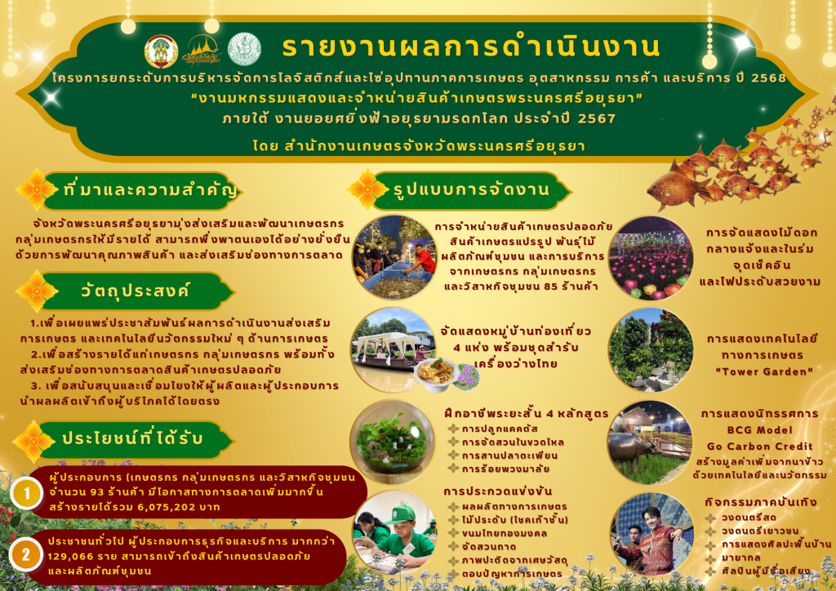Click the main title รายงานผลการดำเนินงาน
pyautogui.click(x=471, y=47)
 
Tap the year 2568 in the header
pyautogui.click(x=768, y=78)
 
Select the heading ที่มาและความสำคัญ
pyautogui.click(x=150, y=189)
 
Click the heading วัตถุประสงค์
pyautogui.click(x=135, y=291)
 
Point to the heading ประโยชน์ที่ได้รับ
pyautogui.click(x=132, y=438)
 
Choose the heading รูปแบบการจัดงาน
pyautogui.click(x=471, y=189)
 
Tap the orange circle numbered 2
pyautogui.click(x=25, y=555)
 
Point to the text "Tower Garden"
pyautogui.click(x=764, y=371)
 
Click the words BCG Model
pyautogui.click(x=760, y=430)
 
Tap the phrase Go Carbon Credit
pyautogui.click(x=760, y=447)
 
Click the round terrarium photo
pyautogui.click(x=393, y=442)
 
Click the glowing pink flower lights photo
pyautogui.click(x=651, y=259)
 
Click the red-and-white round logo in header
pyautogui.click(x=162, y=51)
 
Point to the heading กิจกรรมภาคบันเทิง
pyautogui.click(x=760, y=502)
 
